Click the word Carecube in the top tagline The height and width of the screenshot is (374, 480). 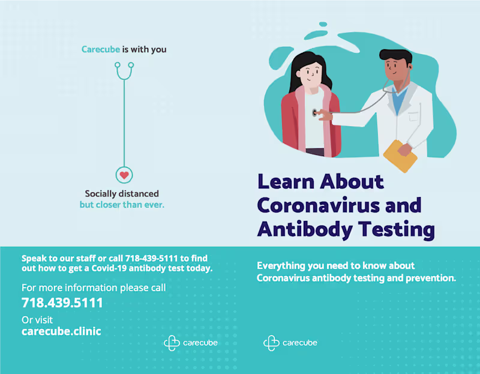point(101,49)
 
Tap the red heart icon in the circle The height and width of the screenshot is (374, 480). point(124,175)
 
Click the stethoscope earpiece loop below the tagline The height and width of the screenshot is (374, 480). point(124,70)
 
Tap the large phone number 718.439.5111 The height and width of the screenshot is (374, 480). point(62,303)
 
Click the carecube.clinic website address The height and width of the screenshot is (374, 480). point(61,331)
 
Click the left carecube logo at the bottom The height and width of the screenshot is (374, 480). point(191,343)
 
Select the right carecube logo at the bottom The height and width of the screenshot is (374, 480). point(290,343)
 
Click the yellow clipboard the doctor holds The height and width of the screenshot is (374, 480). point(400,156)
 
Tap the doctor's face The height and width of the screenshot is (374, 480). point(398,71)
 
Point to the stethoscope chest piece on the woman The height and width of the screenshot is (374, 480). point(316,112)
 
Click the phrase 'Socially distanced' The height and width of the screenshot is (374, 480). point(122,194)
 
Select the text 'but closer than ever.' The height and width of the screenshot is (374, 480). point(122,205)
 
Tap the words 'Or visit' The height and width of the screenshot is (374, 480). point(37,319)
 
